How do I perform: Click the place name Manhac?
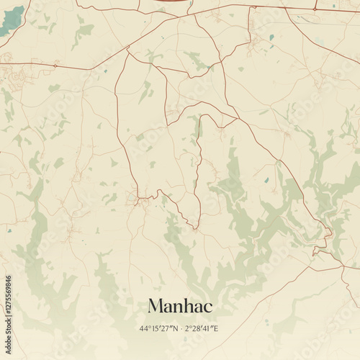[x=180, y=306]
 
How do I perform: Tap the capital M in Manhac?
[x=155, y=306]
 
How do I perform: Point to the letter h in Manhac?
[x=186, y=306]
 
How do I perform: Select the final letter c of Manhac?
[x=208, y=307]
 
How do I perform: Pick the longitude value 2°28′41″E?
[x=202, y=328]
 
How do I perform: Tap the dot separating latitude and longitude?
[x=180, y=328]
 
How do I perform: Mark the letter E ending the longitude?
[x=217, y=328]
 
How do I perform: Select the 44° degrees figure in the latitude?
[x=145, y=328]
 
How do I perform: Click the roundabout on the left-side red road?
[x=55, y=66]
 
